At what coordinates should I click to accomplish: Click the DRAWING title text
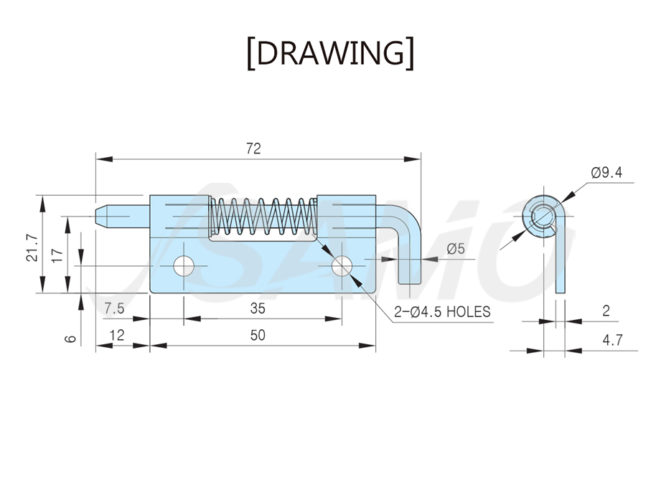330,53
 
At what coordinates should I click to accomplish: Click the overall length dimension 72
253,148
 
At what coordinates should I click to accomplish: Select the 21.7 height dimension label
32,248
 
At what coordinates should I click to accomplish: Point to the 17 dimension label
57,255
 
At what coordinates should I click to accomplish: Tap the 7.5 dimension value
114,308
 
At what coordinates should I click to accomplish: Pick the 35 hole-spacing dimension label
258,308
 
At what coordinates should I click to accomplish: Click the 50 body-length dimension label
258,335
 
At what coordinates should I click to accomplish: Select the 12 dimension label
117,335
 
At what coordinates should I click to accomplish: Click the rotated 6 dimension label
71,338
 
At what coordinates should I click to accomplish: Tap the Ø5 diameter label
455,249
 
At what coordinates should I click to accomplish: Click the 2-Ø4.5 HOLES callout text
442,312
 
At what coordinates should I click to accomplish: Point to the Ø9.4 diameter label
606,172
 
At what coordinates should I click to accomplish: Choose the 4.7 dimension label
612,339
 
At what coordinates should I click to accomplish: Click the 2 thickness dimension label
606,311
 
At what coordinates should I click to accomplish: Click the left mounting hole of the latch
184,266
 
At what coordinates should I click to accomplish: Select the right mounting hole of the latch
342,266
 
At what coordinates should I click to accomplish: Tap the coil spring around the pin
263,216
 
